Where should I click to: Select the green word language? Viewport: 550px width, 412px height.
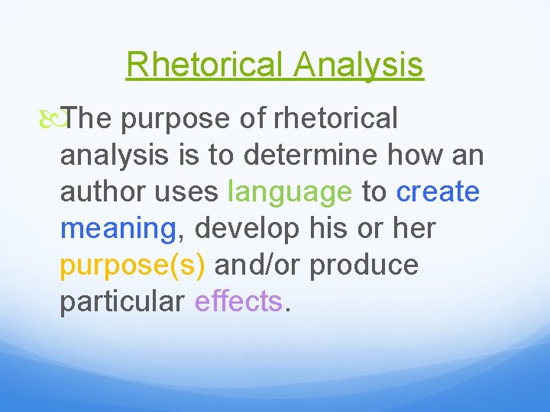coord(290,192)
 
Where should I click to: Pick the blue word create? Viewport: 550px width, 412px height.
coord(438,192)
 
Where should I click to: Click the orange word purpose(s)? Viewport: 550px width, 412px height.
coord(133,265)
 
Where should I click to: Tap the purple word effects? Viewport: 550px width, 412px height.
coord(238,301)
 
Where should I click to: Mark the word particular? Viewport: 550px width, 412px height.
coord(122,301)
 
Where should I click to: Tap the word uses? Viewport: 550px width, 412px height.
coord(186,192)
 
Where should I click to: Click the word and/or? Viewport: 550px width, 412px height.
coord(258,265)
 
